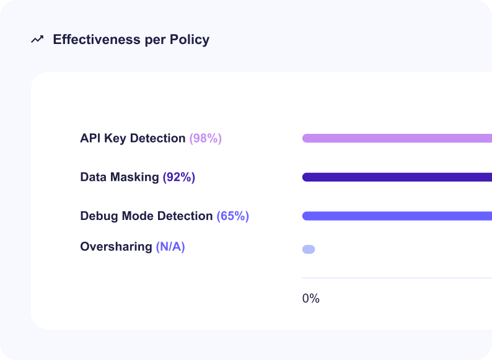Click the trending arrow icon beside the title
(x=37, y=40)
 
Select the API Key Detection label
(x=133, y=138)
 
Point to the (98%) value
(x=206, y=138)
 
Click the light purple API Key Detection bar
(x=397, y=138)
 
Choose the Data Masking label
(x=120, y=177)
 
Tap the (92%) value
(x=179, y=177)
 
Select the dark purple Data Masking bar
(x=397, y=177)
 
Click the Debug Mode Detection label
(x=146, y=216)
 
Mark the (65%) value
(x=233, y=216)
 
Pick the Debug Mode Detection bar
(x=397, y=216)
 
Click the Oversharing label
(x=116, y=247)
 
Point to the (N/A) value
(x=170, y=247)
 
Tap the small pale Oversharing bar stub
(x=309, y=249)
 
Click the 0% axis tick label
(x=311, y=299)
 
